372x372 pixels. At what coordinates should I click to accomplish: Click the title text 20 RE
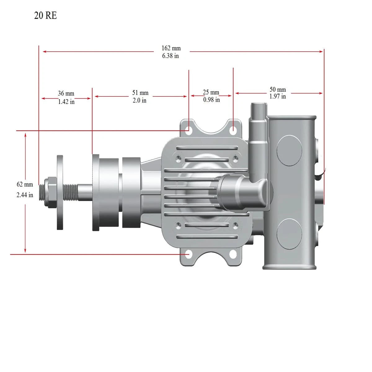coord(45,15)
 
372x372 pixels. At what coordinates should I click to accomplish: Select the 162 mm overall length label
coord(171,48)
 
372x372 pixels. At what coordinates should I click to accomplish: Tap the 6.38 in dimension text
coord(170,56)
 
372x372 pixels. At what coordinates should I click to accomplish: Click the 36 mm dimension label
coord(66,93)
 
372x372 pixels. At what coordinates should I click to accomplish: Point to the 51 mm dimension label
coord(140,93)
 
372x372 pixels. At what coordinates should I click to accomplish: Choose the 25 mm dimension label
coord(211,92)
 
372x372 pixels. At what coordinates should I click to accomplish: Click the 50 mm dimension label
coord(277,89)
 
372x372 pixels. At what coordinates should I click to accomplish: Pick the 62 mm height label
coord(25,184)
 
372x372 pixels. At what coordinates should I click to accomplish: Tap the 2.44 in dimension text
coord(25,195)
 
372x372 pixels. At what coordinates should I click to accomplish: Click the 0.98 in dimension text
coord(211,100)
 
